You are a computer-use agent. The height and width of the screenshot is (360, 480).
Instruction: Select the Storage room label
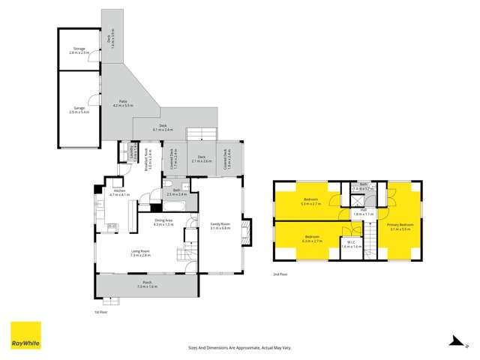[77, 49]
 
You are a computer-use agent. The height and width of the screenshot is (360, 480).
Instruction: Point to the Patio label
[122, 102]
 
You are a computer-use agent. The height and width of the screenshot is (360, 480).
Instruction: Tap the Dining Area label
[163, 220]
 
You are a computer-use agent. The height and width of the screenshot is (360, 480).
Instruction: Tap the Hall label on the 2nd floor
[363, 211]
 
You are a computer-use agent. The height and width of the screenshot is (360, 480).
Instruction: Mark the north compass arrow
[454, 339]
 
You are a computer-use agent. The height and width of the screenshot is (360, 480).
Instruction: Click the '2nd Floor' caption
[280, 274]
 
